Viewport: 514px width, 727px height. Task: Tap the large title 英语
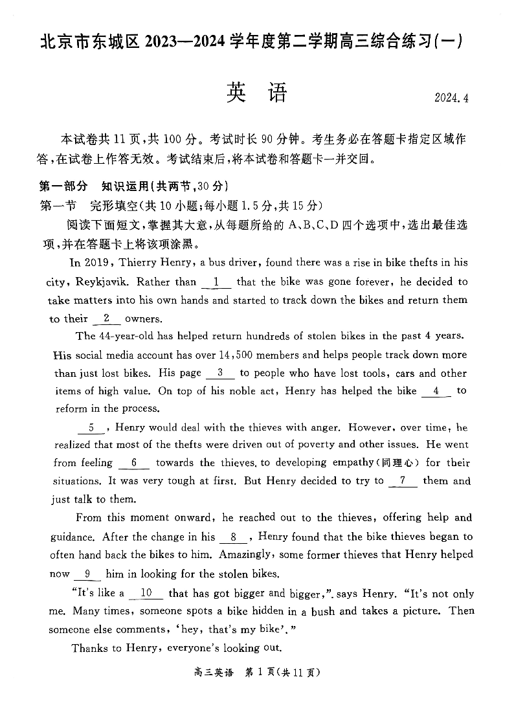256,94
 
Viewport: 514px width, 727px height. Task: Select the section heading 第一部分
63,186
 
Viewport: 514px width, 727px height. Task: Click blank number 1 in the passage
216,282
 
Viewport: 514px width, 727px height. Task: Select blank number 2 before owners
106,319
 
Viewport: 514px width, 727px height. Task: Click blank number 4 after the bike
436,391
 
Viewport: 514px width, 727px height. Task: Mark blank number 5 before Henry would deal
91,427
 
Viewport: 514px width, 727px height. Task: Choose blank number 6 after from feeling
134,463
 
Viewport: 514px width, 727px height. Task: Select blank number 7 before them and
403,481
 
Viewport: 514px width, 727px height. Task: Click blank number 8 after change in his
234,537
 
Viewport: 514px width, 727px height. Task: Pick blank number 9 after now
87,574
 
